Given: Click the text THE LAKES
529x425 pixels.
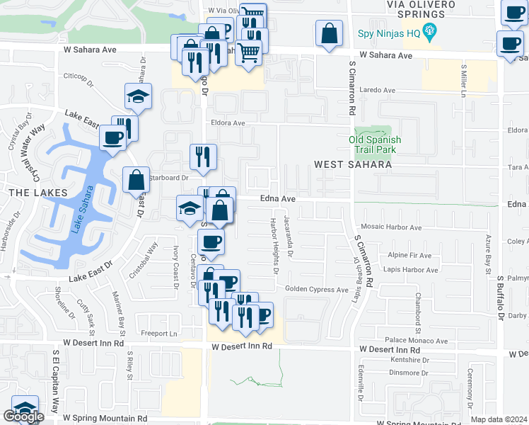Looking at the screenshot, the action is click(x=37, y=193).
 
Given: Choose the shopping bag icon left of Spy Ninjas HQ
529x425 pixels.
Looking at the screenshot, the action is click(x=329, y=33).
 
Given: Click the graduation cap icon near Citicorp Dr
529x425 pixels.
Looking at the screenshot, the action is click(x=139, y=96).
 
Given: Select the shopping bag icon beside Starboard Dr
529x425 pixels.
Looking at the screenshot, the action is click(x=136, y=180).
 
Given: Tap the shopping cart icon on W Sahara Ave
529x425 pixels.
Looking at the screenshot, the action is click(x=248, y=52).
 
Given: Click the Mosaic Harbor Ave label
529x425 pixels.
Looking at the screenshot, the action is click(x=390, y=227).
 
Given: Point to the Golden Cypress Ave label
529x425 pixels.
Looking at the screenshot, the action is click(x=317, y=289).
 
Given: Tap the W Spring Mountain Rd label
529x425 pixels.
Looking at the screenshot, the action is click(x=105, y=419).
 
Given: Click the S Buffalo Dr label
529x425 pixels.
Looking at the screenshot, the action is click(x=499, y=297).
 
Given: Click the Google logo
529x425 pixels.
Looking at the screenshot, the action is click(x=23, y=416).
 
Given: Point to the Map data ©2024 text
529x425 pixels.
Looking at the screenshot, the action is click(x=499, y=419).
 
